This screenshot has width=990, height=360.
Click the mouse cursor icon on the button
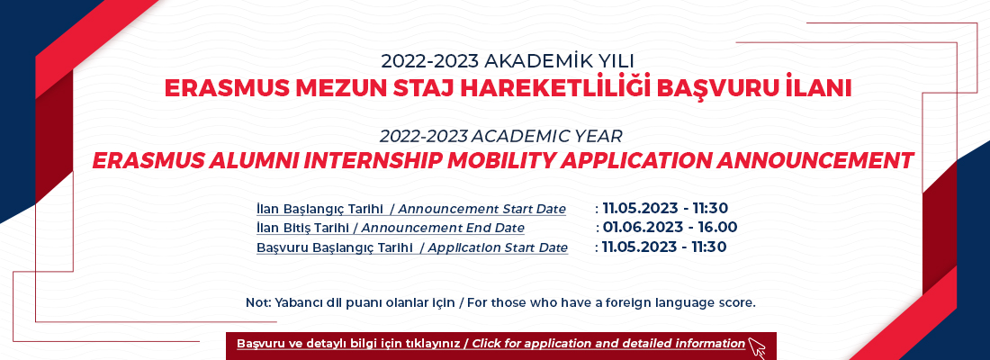click(x=756, y=347)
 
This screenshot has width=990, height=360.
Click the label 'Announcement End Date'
click(x=443, y=228)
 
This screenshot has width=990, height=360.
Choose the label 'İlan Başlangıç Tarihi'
click(x=320, y=209)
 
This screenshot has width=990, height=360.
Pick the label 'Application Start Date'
click(x=499, y=247)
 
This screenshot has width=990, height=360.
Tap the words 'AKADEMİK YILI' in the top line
click(x=558, y=61)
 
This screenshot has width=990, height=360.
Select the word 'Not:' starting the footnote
click(x=258, y=302)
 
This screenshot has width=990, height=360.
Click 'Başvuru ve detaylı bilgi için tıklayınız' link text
click(x=348, y=344)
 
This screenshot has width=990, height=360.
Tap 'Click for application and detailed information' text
click(x=608, y=344)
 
